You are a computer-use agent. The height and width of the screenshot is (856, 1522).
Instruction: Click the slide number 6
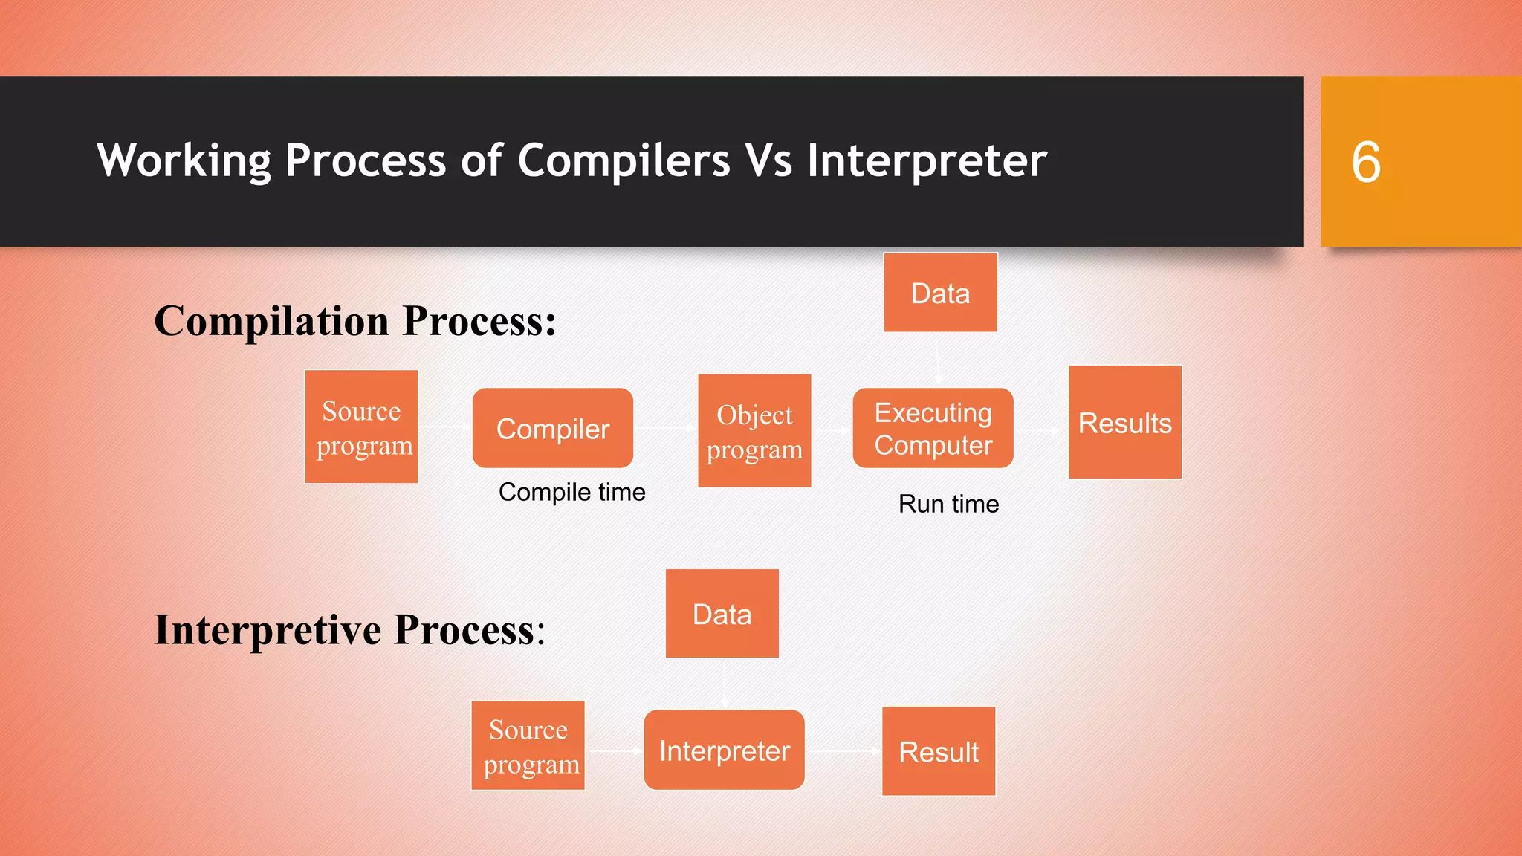1365,162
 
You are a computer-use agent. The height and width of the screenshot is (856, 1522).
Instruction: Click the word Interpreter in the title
927,160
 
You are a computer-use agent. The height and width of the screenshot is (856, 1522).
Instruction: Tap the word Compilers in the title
624,160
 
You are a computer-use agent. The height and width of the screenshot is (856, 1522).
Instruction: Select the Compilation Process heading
354,321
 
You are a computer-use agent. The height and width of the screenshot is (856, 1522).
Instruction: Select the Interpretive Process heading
349,630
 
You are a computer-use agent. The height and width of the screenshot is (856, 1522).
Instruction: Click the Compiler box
552,429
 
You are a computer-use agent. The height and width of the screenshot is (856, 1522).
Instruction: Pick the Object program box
754,431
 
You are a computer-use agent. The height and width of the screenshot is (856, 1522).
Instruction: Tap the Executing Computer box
933,429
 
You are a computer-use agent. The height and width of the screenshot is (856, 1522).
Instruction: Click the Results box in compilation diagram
1124,423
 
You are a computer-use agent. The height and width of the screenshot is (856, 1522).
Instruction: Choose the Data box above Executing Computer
940,293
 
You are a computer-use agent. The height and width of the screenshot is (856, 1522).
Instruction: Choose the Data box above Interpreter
722,614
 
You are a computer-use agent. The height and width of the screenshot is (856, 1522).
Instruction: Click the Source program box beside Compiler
361,427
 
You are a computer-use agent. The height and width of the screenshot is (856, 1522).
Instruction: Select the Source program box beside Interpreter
528,746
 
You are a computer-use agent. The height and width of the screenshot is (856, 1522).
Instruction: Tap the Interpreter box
724,750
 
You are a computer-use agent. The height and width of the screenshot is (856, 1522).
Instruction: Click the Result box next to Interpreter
938,751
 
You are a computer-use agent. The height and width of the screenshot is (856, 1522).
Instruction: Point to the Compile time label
571,492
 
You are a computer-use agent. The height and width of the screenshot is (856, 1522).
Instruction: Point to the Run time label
948,504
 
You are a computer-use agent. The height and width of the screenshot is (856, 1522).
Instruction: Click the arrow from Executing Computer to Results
1040,430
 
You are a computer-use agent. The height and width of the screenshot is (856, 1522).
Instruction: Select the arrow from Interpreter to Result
843,751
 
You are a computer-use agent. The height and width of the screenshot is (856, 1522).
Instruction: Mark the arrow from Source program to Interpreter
615,751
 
